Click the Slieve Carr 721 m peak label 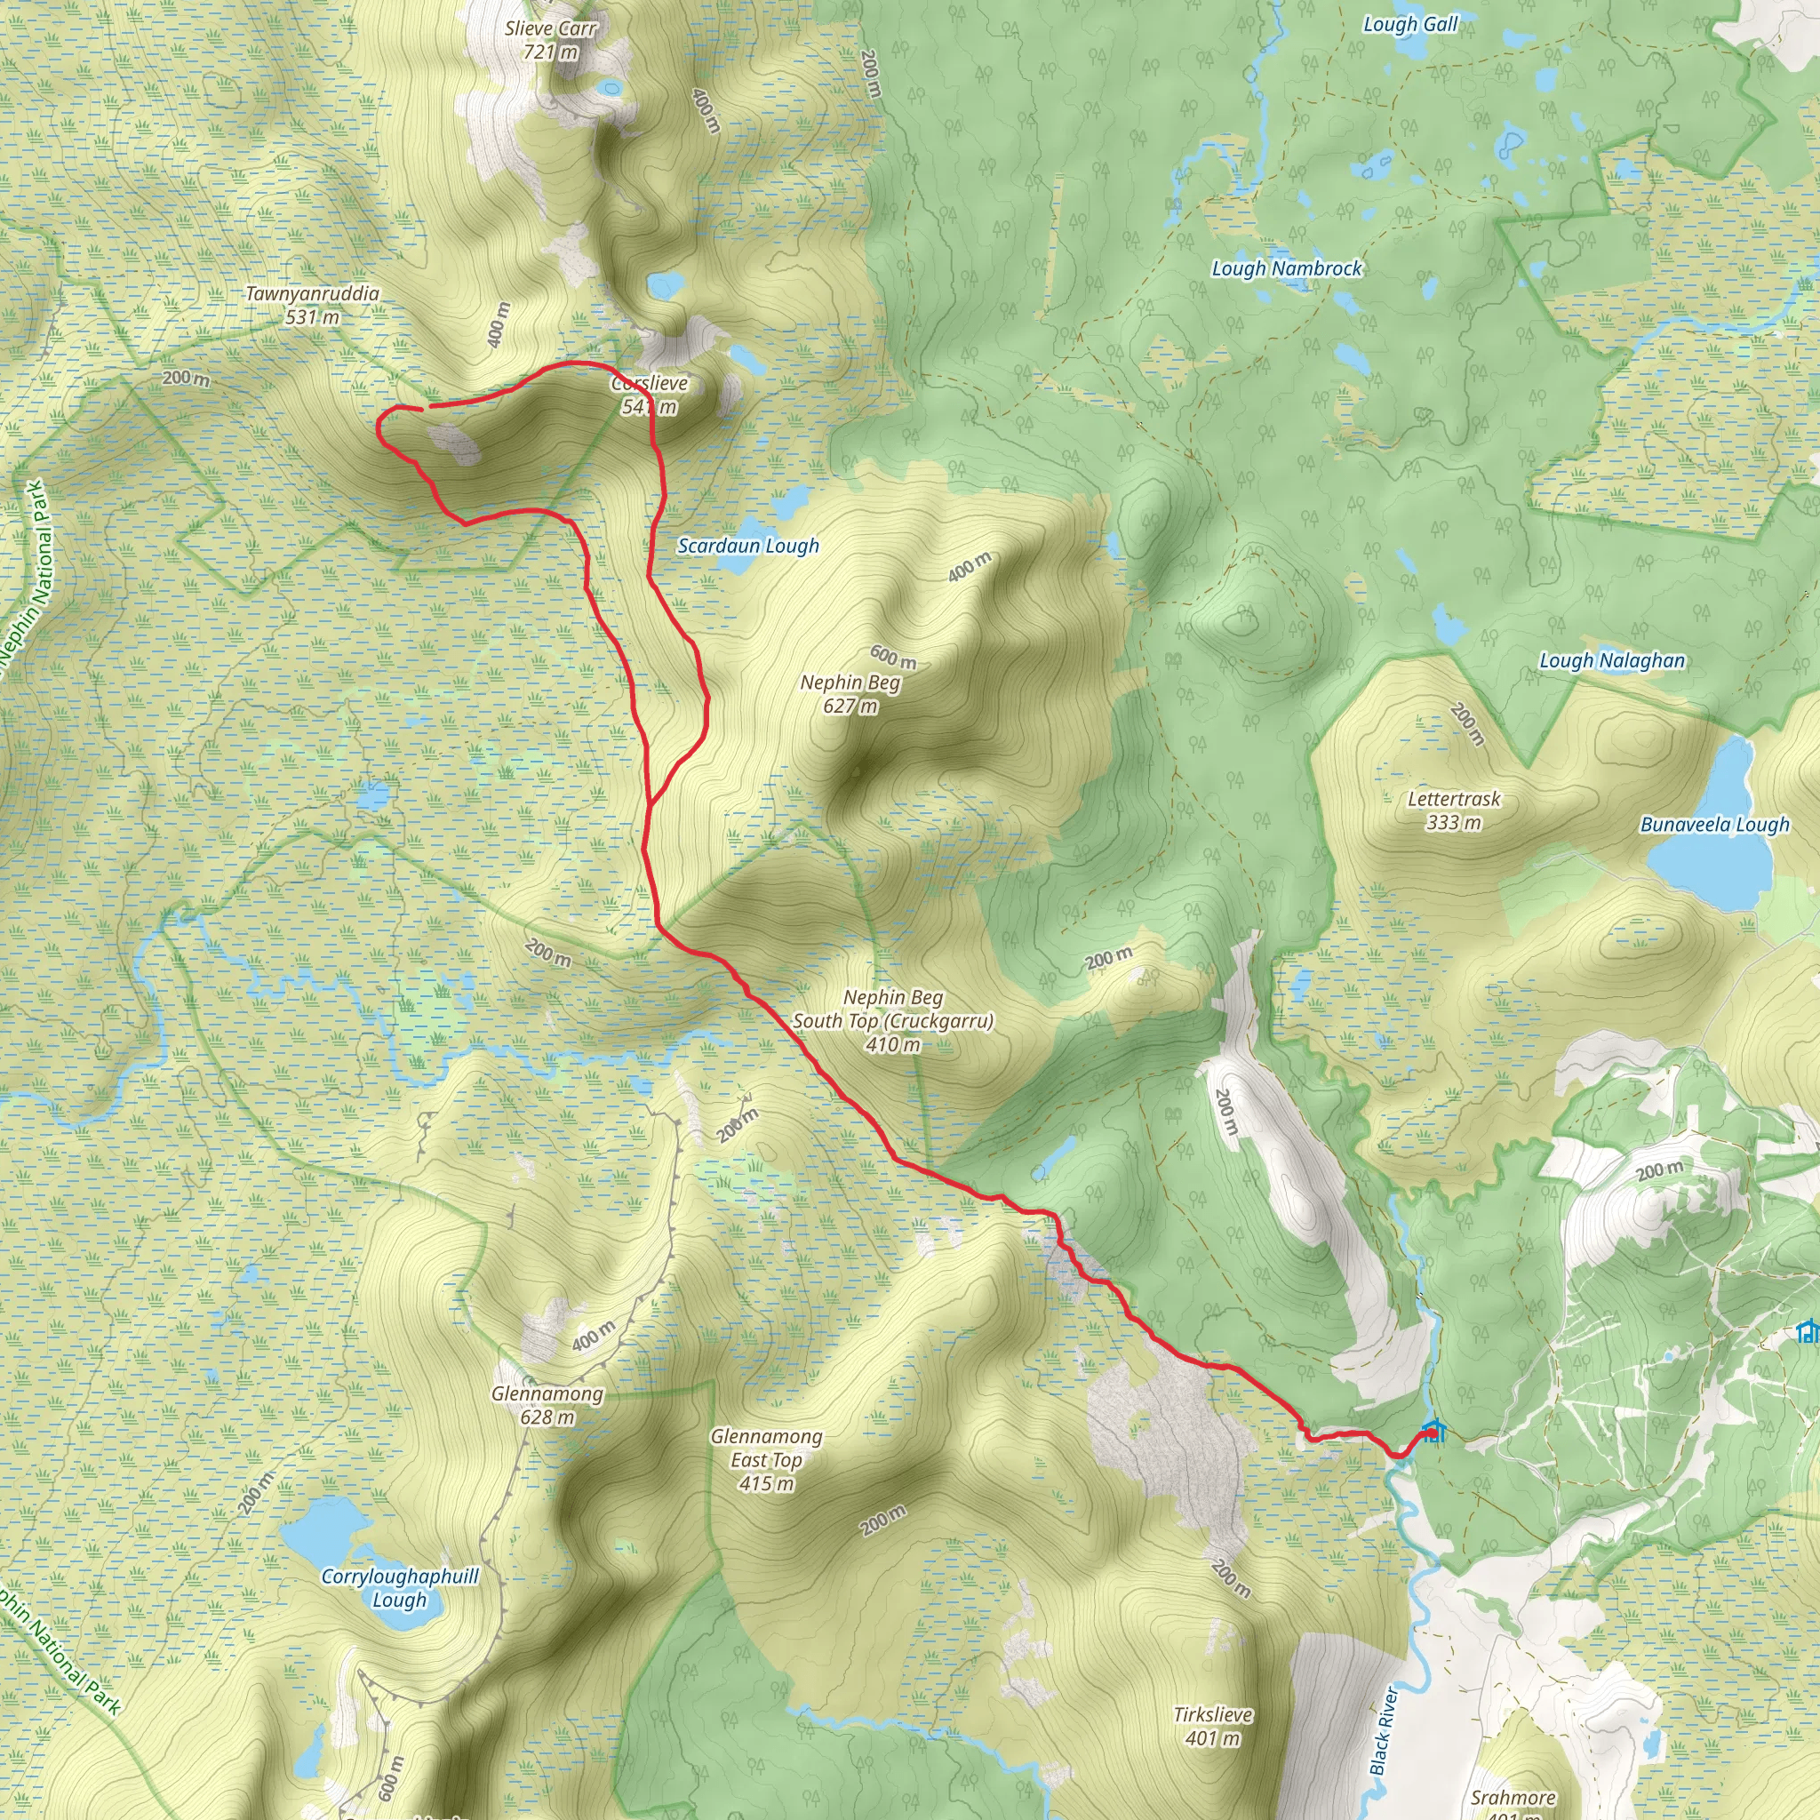[550, 41]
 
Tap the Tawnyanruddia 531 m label [312, 305]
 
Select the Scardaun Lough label [748, 547]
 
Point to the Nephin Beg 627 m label [850, 694]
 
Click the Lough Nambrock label [1286, 269]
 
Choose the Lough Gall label [1410, 25]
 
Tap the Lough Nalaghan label [1612, 661]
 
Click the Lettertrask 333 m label [1454, 811]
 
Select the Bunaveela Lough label [1714, 826]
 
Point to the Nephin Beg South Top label [892, 1021]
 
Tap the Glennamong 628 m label [547, 1405]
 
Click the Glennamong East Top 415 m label [766, 1459]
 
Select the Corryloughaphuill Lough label [399, 1587]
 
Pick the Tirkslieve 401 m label [1212, 1727]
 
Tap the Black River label [1384, 1729]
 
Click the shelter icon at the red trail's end [1432, 1433]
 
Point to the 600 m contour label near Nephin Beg [892, 656]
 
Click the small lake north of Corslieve [665, 284]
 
